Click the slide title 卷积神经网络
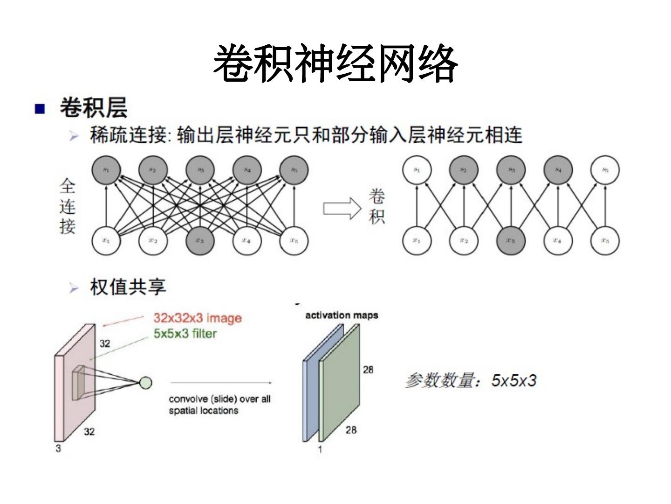tap(335, 64)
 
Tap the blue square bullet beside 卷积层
tap(40, 109)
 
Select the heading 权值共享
tap(128, 287)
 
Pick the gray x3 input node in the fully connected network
tap(200, 241)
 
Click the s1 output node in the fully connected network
tap(106, 170)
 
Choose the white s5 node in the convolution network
tap(605, 170)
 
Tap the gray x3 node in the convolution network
tap(511, 241)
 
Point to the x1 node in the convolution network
tap(417, 241)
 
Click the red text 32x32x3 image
tap(198, 318)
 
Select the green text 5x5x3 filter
tap(185, 334)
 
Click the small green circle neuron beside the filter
tap(146, 383)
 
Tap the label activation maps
tap(342, 315)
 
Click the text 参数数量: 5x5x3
tap(471, 381)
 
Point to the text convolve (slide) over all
tap(219, 399)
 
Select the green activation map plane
tap(339, 383)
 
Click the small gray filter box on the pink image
tap(78, 383)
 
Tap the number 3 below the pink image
tap(58, 449)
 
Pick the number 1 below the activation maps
tap(320, 449)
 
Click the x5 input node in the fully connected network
tap(294, 241)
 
